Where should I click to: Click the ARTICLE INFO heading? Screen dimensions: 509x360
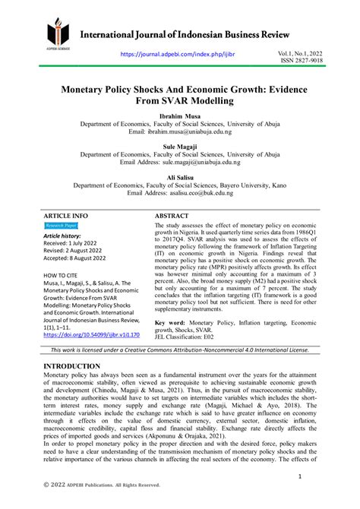66,216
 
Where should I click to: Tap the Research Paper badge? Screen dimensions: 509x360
61,226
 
